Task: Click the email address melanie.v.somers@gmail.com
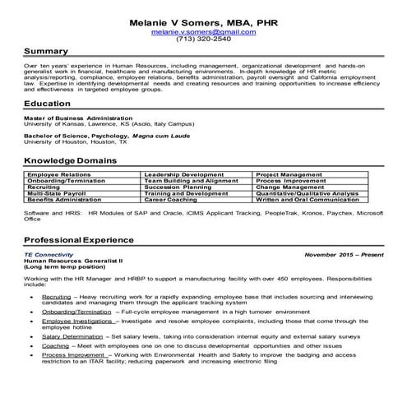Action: tap(203, 31)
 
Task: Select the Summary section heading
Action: tap(51, 51)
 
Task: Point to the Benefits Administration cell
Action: tap(66, 199)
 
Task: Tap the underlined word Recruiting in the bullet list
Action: tap(56, 294)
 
